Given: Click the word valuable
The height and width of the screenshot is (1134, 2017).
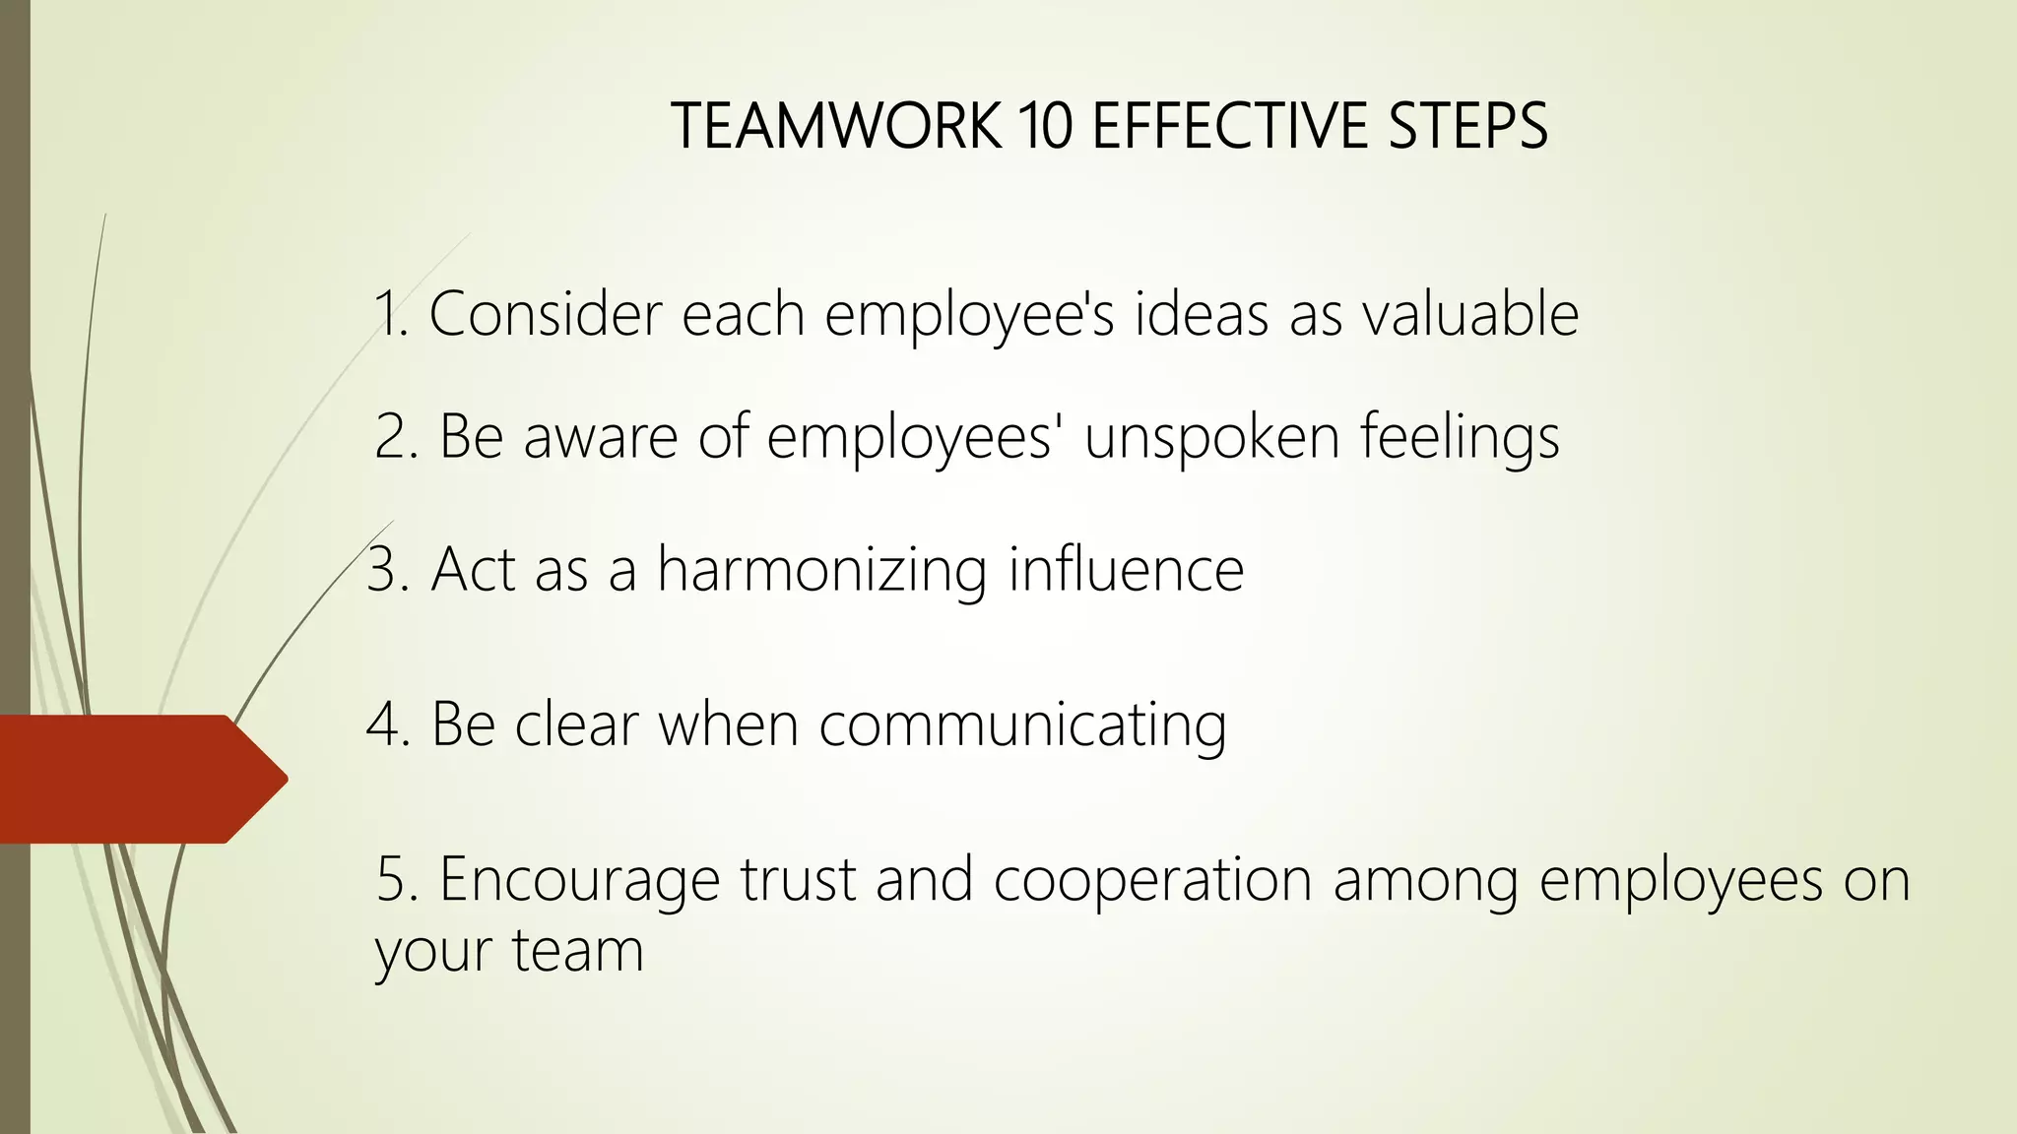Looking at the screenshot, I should click(x=1470, y=314).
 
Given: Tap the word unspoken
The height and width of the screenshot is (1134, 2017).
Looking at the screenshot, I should click(x=1211, y=438).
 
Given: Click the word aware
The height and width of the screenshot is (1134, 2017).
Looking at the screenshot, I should click(x=601, y=436).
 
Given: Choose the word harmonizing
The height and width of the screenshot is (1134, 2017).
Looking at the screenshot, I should click(x=822, y=571).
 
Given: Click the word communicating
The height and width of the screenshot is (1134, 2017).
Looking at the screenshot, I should click(x=1022, y=726).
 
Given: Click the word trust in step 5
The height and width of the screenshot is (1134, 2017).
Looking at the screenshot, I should click(x=798, y=879).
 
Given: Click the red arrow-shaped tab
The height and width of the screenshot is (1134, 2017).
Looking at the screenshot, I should click(x=138, y=779).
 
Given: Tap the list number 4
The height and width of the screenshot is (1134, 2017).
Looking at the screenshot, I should click(x=383, y=725).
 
